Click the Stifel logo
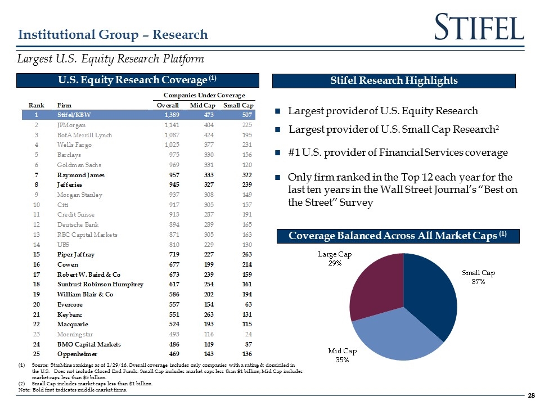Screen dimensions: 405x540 pyautogui.click(x=480, y=28)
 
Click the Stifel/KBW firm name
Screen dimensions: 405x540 pyautogui.click(x=76, y=115)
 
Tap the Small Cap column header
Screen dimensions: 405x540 pyautogui.click(x=238, y=105)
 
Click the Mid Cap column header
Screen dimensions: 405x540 pyautogui.click(x=202, y=105)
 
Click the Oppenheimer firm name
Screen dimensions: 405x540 pyautogui.click(x=80, y=354)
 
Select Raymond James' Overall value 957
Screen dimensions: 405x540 pyautogui.click(x=171, y=175)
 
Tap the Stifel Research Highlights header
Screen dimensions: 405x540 pyautogui.click(x=394, y=80)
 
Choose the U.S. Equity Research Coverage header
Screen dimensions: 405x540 pyautogui.click(x=138, y=80)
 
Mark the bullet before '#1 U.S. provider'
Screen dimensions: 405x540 pyautogui.click(x=278, y=153)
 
